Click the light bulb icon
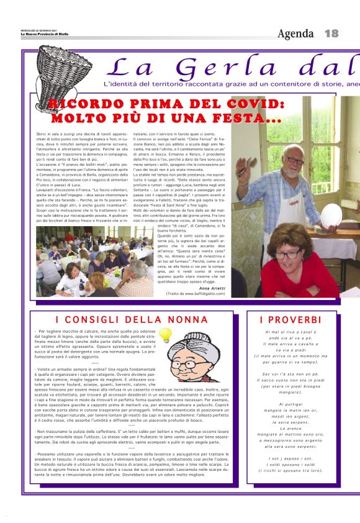coord(164,335)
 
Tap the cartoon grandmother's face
coord(197,353)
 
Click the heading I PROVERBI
coord(292,320)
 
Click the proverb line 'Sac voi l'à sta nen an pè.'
coord(291,374)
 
